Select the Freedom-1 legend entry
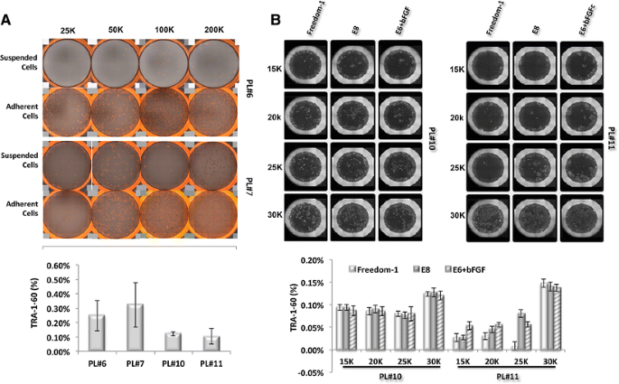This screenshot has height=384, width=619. tap(380, 269)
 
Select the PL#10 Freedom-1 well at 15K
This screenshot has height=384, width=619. tap(305, 67)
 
